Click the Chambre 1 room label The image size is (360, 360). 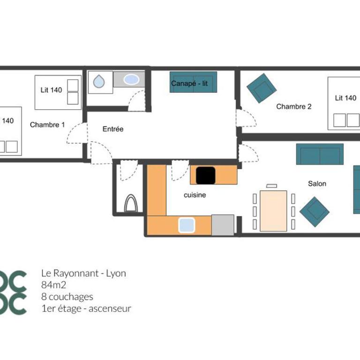coord(47,125)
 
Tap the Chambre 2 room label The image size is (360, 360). coord(294,106)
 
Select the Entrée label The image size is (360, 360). coord(113,129)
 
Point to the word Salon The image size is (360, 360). coord(317,183)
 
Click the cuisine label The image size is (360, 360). coord(195,195)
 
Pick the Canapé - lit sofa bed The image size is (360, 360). coord(193,82)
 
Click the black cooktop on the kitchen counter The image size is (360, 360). coord(206,175)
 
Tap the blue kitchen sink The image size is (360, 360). coord(187,225)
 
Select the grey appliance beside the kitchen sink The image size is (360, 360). coord(223,225)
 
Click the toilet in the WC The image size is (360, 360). coord(131,203)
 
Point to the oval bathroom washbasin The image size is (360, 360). coord(131,80)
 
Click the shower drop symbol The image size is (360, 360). coord(99,81)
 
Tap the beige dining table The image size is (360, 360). coord(273,211)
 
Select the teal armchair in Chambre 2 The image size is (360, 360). coord(262,88)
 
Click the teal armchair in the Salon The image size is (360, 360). coord(315,212)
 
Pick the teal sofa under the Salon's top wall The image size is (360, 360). coord(320,154)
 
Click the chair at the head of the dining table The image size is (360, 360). coord(271,186)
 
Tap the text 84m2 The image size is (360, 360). coord(54,285)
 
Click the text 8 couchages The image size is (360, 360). coord(67,297)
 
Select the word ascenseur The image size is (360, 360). coord(110,308)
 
